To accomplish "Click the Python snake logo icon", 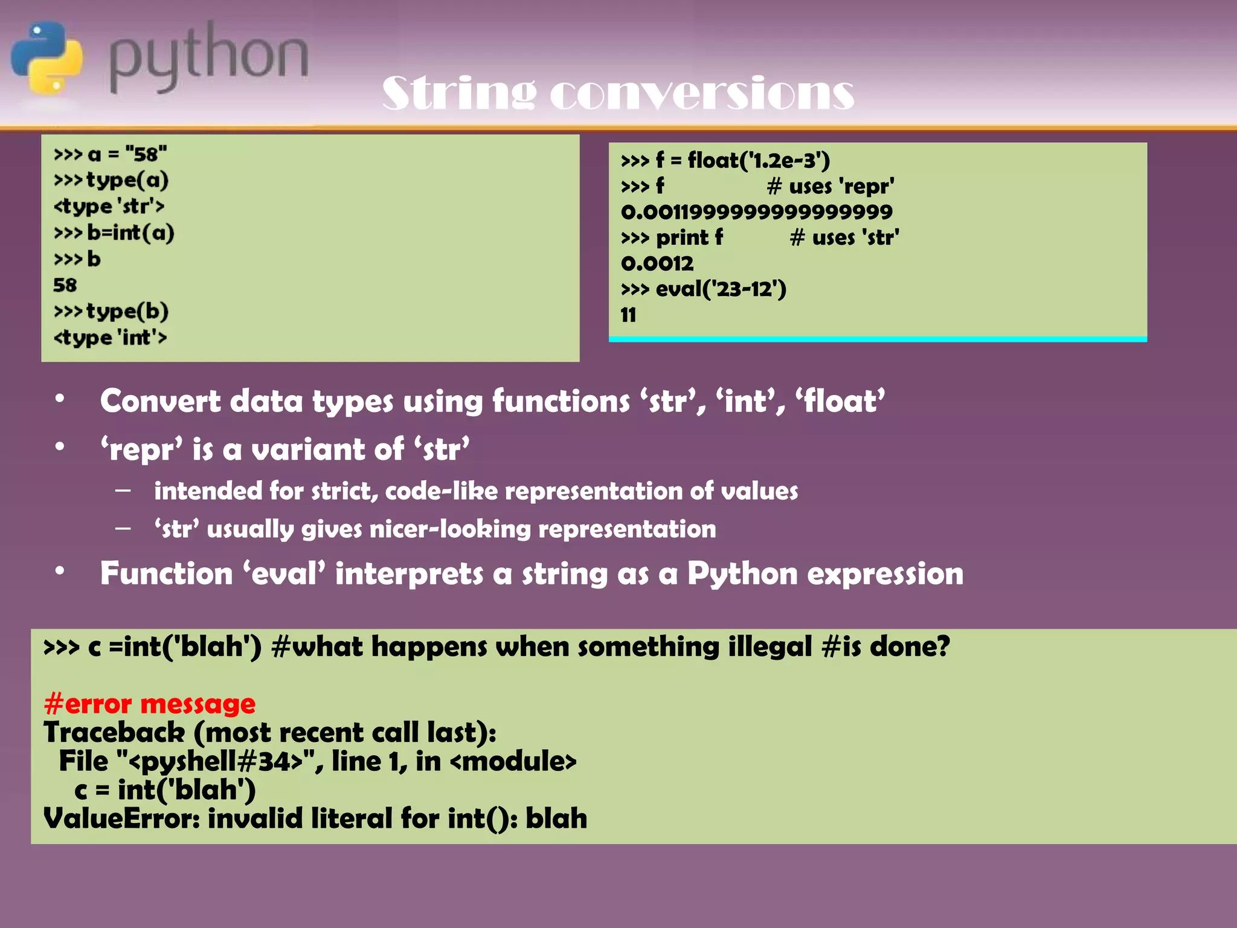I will (x=47, y=57).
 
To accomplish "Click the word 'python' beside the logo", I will (x=208, y=57).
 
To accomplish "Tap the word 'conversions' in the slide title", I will (x=702, y=94).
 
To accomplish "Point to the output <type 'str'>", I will (x=109, y=206).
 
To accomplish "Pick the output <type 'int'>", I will (x=110, y=337).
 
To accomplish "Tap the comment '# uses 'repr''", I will (x=831, y=186).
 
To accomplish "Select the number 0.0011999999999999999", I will (x=756, y=211).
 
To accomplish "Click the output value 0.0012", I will (x=657, y=263).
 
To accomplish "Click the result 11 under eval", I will (x=628, y=315).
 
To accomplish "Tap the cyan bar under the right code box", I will (x=877, y=340).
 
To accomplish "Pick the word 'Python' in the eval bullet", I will (x=742, y=573).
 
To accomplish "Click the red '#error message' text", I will (x=149, y=704).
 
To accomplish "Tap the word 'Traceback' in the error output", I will (x=114, y=732).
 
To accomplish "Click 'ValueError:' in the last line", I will (x=121, y=819).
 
